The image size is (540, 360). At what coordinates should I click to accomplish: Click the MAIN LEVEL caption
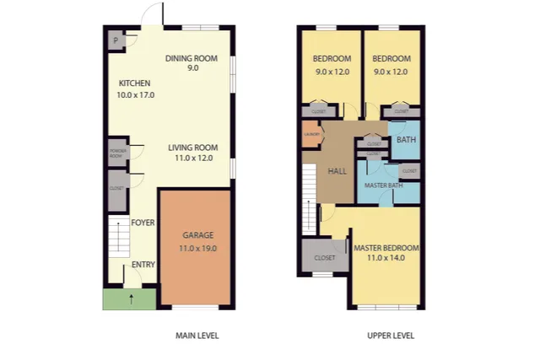[x=197, y=336]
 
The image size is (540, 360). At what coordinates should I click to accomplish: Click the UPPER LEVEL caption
[x=391, y=336]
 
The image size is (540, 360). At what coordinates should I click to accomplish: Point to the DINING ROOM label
[x=192, y=58]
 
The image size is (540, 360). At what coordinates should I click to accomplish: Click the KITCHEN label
[x=135, y=83]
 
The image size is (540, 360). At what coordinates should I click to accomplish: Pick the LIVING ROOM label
[x=193, y=147]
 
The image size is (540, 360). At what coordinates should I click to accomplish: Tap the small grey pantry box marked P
[x=115, y=40]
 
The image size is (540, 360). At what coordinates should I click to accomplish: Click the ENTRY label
[x=143, y=266]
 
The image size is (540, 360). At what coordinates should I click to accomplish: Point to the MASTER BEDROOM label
[x=386, y=248]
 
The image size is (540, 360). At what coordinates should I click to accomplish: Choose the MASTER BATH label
[x=381, y=185]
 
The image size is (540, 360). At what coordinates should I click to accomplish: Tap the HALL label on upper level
[x=337, y=171]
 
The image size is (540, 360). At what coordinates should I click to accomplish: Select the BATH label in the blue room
[x=406, y=140]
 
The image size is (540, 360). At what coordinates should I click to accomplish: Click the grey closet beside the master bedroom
[x=325, y=257]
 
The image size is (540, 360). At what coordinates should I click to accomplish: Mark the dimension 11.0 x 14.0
[x=386, y=258]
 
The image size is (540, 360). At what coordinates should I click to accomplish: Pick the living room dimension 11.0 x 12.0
[x=193, y=158]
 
